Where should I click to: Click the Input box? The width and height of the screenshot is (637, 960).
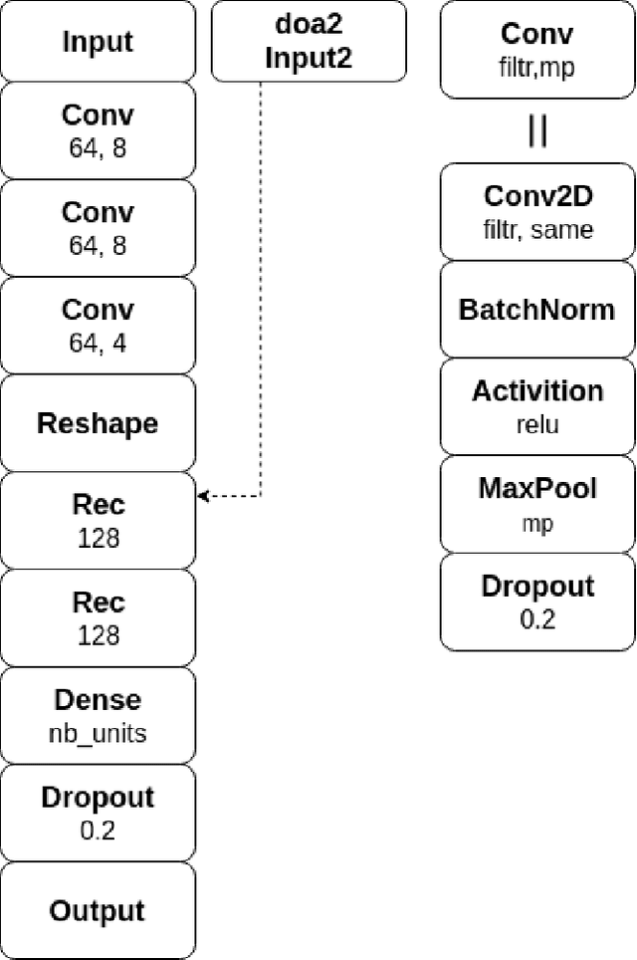[x=98, y=42]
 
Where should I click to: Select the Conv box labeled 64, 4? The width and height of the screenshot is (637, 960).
[x=98, y=326]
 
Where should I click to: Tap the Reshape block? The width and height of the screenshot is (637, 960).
[x=98, y=423]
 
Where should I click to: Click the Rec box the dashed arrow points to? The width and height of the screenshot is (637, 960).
[x=98, y=521]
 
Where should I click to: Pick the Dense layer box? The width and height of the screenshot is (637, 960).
[x=98, y=716]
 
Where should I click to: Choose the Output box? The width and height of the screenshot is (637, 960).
[x=98, y=911]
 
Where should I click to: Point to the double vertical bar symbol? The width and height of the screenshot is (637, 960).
[x=537, y=131]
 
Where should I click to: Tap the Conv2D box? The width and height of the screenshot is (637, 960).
[x=536, y=211]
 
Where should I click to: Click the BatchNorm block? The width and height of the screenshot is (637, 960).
[x=536, y=309]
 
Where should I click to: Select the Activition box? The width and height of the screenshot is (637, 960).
[x=536, y=406]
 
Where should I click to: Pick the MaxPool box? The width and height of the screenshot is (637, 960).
[x=536, y=504]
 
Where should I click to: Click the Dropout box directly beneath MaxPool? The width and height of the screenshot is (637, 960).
[x=536, y=601]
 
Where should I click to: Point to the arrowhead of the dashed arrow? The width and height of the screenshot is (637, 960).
[x=203, y=496]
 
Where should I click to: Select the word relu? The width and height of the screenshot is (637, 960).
[x=537, y=424]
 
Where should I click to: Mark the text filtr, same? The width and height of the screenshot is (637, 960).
[x=537, y=230]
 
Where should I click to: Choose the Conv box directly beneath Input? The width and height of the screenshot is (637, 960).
[x=98, y=130]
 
